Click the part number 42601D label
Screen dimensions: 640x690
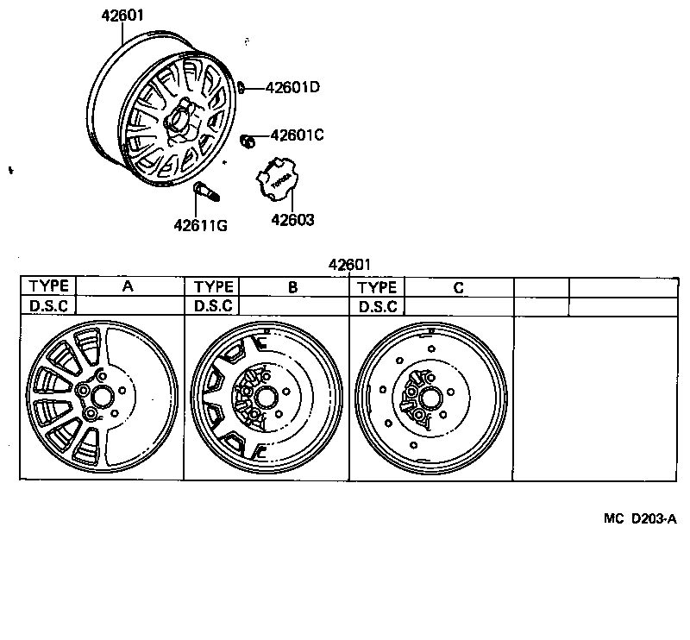[x=292, y=86]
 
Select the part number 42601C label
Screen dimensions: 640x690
[x=297, y=135]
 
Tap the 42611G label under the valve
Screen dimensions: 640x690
[x=200, y=226]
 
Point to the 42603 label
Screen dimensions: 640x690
[x=292, y=220]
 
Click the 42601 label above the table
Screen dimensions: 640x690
[x=349, y=265]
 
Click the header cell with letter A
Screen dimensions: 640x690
[x=128, y=287]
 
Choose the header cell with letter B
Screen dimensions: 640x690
[x=292, y=287]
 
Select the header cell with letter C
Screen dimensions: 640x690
[x=458, y=287]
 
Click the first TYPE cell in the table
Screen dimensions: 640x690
[x=48, y=287]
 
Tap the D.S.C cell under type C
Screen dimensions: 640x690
[x=377, y=306]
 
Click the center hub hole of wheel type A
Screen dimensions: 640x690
[x=102, y=398]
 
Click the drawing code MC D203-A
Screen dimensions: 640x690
[x=639, y=519]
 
